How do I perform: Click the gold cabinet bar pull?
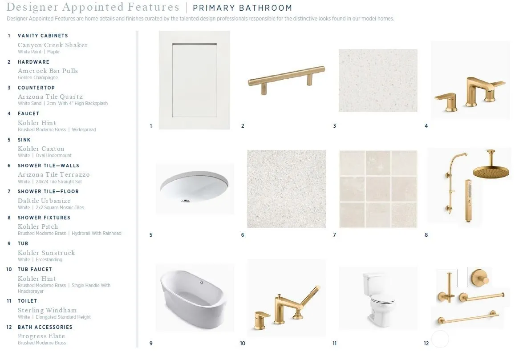click(x=286, y=78)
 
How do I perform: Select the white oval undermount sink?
click(x=195, y=187)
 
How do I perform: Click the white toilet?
click(x=378, y=298)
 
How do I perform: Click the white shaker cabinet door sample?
click(x=195, y=80)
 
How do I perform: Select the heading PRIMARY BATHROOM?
click(x=242, y=8)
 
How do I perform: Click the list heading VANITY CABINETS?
click(x=43, y=36)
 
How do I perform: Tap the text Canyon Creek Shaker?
click(x=53, y=45)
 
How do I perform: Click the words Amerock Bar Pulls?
click(x=48, y=71)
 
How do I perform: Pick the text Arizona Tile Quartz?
click(x=50, y=97)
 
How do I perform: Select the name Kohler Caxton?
click(x=41, y=149)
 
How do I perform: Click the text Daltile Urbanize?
click(x=44, y=201)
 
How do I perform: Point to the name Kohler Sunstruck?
click(x=46, y=253)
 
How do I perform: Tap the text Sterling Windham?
click(x=47, y=310)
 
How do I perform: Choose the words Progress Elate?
click(x=41, y=336)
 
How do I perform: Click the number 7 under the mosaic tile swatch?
click(x=334, y=235)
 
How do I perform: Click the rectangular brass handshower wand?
click(x=468, y=201)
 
